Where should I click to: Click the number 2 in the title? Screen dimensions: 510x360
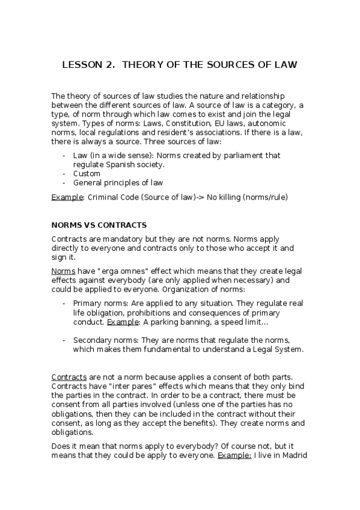coord(109,65)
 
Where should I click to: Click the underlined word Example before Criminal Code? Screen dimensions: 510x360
coord(66,197)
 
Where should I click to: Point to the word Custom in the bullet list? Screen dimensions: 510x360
coord(87,174)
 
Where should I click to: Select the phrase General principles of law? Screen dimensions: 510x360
coord(118,183)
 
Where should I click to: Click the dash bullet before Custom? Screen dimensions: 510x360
coord(64,174)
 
